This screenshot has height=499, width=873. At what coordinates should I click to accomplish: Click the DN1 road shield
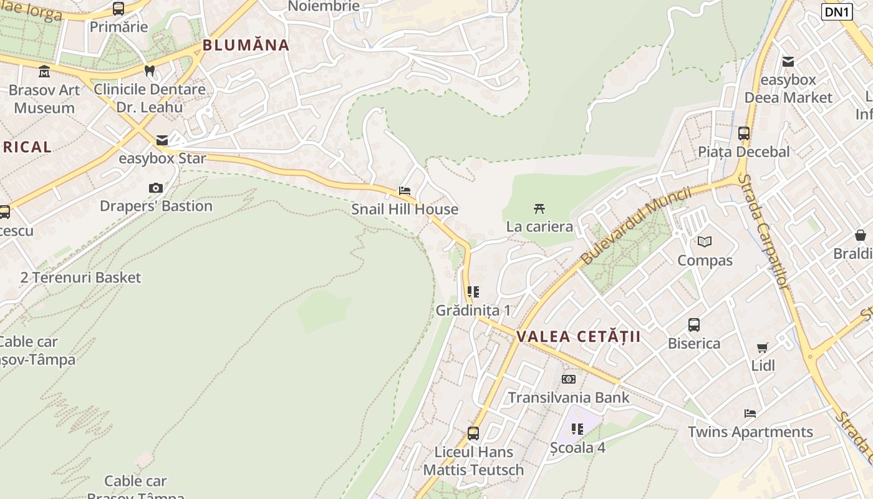tap(836, 12)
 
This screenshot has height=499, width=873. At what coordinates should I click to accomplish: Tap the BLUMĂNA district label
tap(246, 45)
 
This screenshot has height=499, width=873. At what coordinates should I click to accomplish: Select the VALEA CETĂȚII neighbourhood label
tap(578, 337)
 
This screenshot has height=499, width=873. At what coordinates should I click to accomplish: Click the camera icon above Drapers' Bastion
tap(156, 188)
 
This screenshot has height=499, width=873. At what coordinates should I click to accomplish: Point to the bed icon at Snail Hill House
tap(405, 191)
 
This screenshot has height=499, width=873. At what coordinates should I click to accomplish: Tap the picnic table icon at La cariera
tap(539, 208)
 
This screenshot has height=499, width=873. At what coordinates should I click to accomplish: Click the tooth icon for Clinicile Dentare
tap(149, 71)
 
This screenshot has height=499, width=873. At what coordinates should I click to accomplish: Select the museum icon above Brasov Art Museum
tap(44, 72)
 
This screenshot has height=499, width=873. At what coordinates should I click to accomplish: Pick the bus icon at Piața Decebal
tap(743, 133)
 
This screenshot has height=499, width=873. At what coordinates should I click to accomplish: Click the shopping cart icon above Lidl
tap(762, 347)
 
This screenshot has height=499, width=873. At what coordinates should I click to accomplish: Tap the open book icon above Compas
tap(705, 241)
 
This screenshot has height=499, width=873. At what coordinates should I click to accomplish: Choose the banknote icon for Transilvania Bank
tap(568, 379)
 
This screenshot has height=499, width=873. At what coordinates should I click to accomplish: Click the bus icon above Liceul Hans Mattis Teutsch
tap(473, 434)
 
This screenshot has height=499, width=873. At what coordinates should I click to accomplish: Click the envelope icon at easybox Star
tap(162, 140)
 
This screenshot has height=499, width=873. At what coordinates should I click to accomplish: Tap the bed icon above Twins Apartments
tap(750, 414)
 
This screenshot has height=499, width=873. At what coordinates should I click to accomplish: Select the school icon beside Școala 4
tap(577, 429)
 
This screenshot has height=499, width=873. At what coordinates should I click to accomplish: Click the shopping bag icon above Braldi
tap(861, 235)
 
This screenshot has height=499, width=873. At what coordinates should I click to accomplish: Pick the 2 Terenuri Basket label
tap(80, 278)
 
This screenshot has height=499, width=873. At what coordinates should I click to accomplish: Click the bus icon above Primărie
tap(118, 9)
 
